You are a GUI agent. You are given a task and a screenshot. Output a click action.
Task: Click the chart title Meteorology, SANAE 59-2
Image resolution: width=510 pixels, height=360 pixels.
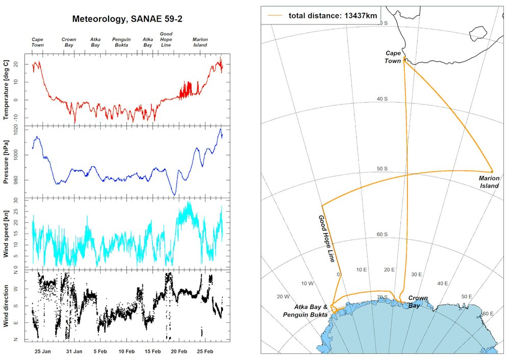pyautogui.click(x=127, y=19)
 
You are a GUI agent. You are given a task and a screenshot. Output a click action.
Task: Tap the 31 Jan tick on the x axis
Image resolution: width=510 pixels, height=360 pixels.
pyautogui.click(x=74, y=351)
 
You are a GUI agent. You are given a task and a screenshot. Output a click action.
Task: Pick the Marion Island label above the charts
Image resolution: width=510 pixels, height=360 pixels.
pyautogui.click(x=200, y=42)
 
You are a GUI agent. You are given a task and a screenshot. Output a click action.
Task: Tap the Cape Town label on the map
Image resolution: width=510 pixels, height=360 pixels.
pyautogui.click(x=393, y=57)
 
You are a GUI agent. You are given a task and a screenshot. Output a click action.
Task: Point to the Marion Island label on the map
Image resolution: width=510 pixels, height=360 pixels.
pyautogui.click(x=489, y=182)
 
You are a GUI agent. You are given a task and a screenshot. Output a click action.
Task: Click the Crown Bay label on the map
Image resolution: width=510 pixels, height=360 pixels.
pyautogui.click(x=418, y=301)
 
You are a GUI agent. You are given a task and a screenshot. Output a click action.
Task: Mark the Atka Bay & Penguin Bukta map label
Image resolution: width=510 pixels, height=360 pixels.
pyautogui.click(x=305, y=311)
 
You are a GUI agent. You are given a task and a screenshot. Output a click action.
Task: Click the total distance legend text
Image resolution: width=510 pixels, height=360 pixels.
pyautogui.click(x=333, y=15)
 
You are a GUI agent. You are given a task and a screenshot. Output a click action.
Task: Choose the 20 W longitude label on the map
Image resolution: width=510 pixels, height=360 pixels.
pyautogui.click(x=283, y=296)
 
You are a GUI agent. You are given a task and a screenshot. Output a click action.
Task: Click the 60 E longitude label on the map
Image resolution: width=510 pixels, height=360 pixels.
pyautogui.click(x=487, y=314)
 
